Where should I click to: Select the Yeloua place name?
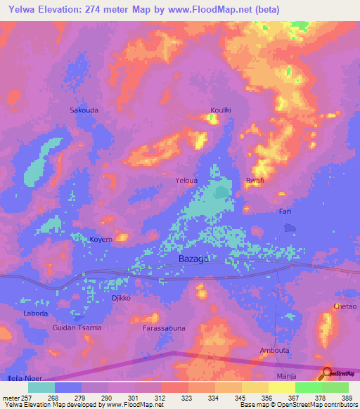click(186, 181)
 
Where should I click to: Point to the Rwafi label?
click(255, 181)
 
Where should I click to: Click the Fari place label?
click(285, 212)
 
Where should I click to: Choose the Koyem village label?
click(101, 240)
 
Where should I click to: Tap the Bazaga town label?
click(193, 259)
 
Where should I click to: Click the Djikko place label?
click(113, 298)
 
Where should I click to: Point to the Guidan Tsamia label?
click(77, 328)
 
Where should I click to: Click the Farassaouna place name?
click(164, 329)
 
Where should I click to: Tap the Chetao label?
click(345, 307)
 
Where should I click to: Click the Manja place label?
click(286, 377)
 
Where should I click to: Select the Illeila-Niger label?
click(20, 377)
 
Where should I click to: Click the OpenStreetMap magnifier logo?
click(326, 373)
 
